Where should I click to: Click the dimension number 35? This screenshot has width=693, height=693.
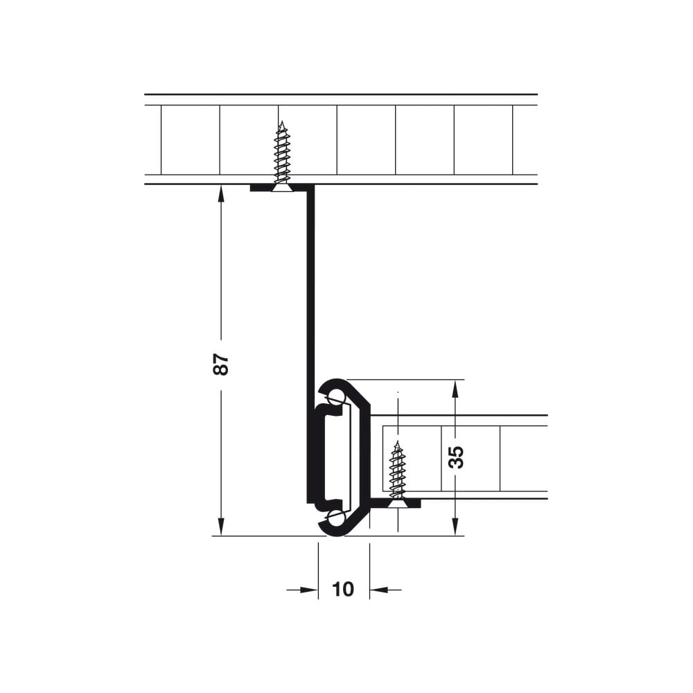pyautogui.click(x=456, y=457)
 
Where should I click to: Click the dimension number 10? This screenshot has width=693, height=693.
pyautogui.click(x=343, y=589)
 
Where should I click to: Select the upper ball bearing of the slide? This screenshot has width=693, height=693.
pyautogui.click(x=337, y=396)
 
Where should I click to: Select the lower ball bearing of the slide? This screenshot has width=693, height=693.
pyautogui.click(x=337, y=517)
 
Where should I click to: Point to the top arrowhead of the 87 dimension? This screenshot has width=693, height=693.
pyautogui.click(x=222, y=194)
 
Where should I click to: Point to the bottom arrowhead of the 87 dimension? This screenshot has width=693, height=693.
pyautogui.click(x=222, y=527)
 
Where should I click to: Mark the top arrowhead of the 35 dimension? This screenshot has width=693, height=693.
pyautogui.click(x=455, y=389)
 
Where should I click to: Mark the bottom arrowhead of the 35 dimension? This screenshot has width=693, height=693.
pyautogui.click(x=455, y=527)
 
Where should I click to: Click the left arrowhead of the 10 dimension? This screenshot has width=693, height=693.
pyautogui.click(x=309, y=590)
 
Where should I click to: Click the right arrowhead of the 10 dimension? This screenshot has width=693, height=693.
pyautogui.click(x=379, y=590)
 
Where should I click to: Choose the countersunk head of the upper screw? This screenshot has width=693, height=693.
pyautogui.click(x=281, y=188)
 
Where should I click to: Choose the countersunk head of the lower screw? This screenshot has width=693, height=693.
pyautogui.click(x=398, y=504)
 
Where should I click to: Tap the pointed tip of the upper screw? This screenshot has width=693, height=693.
pyautogui.click(x=281, y=121)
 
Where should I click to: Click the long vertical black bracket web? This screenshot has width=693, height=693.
pyautogui.click(x=311, y=344)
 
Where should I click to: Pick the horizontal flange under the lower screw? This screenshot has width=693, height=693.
pyautogui.click(x=396, y=503)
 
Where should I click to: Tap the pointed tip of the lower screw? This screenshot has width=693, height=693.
pyautogui.click(x=398, y=441)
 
